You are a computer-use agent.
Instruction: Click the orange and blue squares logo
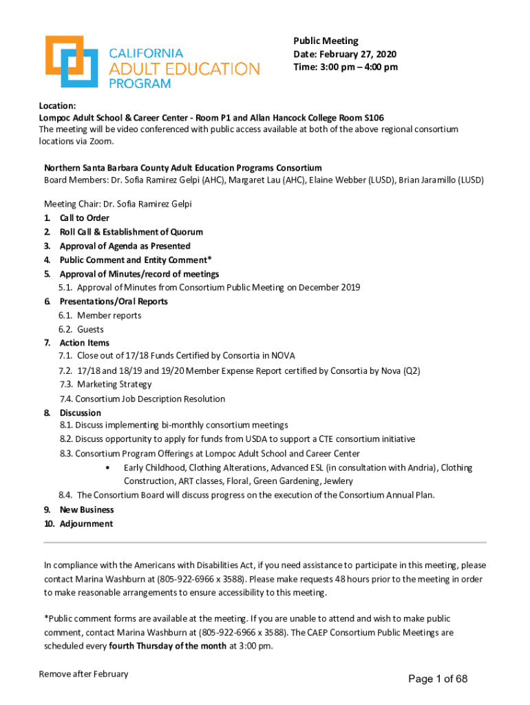tap(69, 61)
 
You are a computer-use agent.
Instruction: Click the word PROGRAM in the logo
tap(140, 83)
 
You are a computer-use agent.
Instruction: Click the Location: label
tap(57, 105)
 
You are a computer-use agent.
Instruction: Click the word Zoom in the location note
tap(99, 141)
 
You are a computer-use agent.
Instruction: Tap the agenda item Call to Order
tap(84, 218)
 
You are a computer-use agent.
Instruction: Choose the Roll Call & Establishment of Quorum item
tap(131, 232)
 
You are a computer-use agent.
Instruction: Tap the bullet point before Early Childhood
tap(108, 468)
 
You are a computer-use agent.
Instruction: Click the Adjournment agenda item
tap(86, 524)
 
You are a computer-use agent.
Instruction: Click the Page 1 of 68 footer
tap(438, 680)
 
